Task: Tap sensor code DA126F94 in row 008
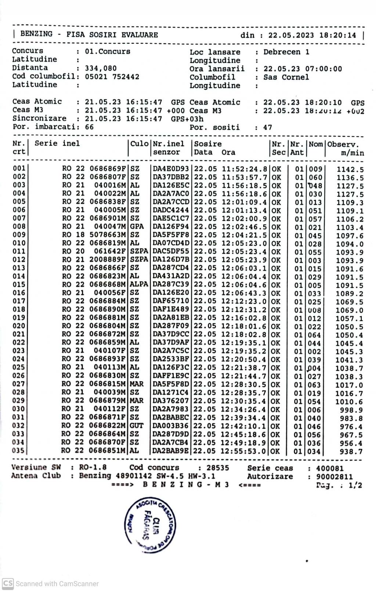tap(171, 227)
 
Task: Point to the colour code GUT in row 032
tap(137, 426)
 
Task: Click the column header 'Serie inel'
tap(57, 144)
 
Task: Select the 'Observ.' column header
tap(343, 144)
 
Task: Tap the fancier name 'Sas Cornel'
tap(286, 77)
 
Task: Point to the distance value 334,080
tap(101, 68)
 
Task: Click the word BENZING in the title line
tap(36, 34)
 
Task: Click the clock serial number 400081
tap(330, 468)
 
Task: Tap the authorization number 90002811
tap(334, 477)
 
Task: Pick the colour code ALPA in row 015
tap(139, 285)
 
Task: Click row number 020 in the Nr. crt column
tap(19, 326)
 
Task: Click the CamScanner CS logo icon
tap(8, 583)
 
